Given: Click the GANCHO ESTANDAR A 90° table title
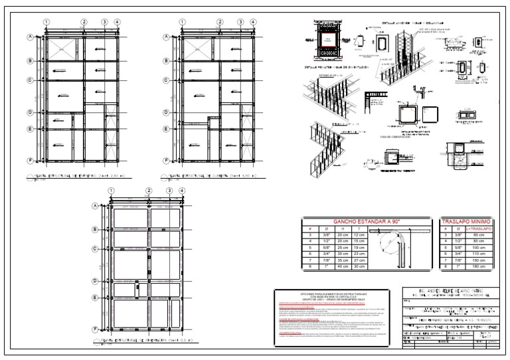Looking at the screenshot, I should (369, 221).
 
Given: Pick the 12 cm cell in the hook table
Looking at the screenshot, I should (359, 234).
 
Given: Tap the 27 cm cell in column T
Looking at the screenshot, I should (359, 260).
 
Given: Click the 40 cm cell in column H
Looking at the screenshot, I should (343, 266).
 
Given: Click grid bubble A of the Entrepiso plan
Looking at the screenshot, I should (30, 37).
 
